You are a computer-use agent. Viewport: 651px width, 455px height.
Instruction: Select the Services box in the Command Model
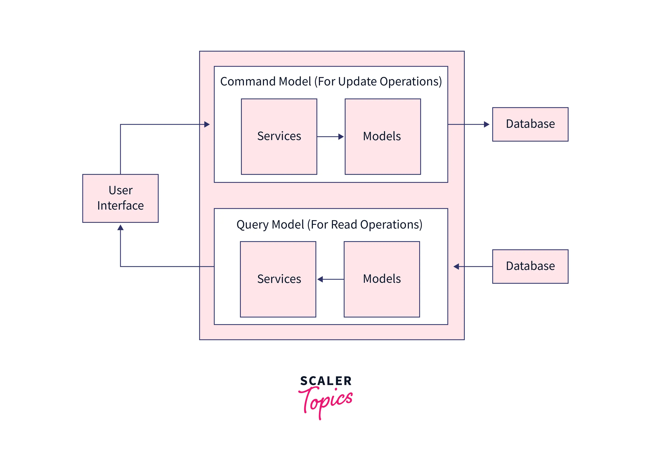[279, 137]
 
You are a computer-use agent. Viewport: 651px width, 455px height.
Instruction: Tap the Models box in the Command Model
[382, 137]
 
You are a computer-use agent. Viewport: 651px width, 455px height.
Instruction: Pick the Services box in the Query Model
[278, 279]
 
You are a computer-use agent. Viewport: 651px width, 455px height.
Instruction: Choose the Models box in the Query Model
[382, 279]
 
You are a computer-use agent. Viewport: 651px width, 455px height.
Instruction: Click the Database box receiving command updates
[530, 124]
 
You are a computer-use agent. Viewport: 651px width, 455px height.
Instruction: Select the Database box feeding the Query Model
[530, 266]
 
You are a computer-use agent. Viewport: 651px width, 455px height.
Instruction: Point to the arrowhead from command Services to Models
[341, 137]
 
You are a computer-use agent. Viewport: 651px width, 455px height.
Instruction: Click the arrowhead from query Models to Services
[320, 279]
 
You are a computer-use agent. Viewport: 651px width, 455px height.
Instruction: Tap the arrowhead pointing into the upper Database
[487, 124]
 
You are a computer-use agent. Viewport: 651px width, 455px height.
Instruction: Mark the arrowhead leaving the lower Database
[456, 266]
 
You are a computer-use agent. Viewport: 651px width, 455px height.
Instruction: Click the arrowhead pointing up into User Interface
[121, 227]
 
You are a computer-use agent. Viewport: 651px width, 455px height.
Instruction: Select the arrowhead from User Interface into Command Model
[207, 124]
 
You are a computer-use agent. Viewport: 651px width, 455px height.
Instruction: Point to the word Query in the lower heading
[252, 225]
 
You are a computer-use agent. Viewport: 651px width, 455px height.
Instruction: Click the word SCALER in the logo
[326, 381]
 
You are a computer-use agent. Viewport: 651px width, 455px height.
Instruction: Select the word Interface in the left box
[121, 206]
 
